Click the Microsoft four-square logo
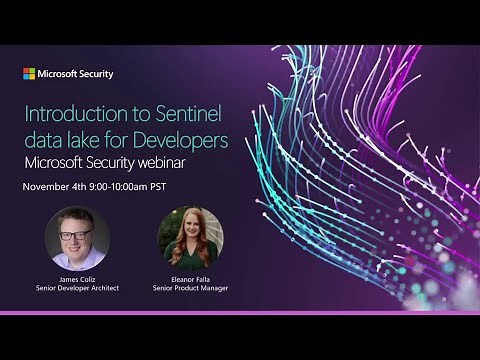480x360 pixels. [29, 74]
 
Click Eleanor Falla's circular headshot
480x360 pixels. [190, 238]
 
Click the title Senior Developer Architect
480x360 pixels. [77, 289]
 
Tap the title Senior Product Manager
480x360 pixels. [190, 289]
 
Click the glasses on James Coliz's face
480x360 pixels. [76, 234]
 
